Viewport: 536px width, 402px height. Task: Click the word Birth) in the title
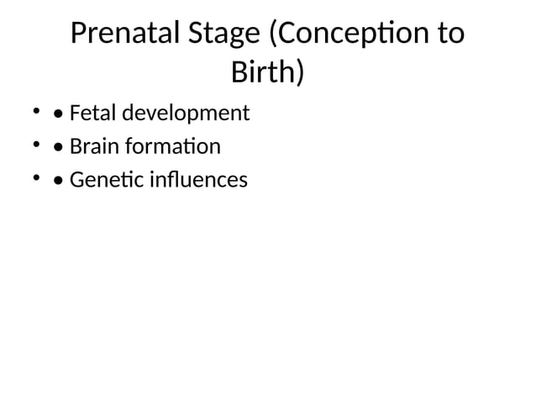pos(267,73)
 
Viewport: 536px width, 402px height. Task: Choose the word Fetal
pos(93,113)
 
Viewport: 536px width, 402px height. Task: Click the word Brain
pos(95,147)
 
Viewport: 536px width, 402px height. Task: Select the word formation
pos(174,147)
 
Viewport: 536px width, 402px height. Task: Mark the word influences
pos(198,180)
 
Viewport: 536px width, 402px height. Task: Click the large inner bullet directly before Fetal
pos(56,114)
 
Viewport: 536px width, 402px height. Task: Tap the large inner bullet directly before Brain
pos(56,148)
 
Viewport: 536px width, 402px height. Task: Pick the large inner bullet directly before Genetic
pos(56,181)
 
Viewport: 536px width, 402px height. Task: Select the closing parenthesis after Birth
pos(299,75)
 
